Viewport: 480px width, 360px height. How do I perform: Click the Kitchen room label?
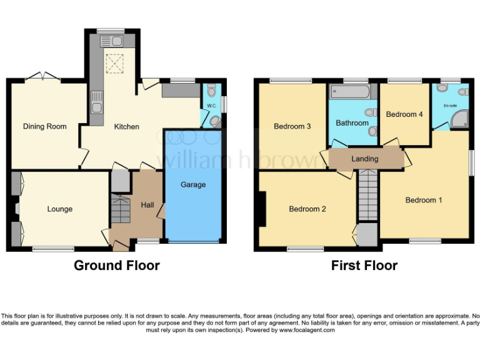tap(126, 127)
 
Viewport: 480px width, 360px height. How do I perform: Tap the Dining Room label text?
tap(44, 126)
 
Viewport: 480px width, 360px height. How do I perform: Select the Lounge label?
tap(60, 209)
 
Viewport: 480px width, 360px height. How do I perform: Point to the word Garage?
tap(193, 184)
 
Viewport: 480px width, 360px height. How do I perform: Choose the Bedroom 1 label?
tap(424, 200)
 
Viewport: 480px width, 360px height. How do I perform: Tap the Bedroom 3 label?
tap(292, 127)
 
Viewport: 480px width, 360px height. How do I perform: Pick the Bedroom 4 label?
tap(404, 114)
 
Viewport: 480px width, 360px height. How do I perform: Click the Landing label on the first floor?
tap(364, 159)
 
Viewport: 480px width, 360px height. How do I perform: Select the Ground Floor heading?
tap(117, 266)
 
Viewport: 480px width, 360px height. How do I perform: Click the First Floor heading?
tap(364, 266)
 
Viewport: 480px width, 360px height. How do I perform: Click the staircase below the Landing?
tap(368, 197)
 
